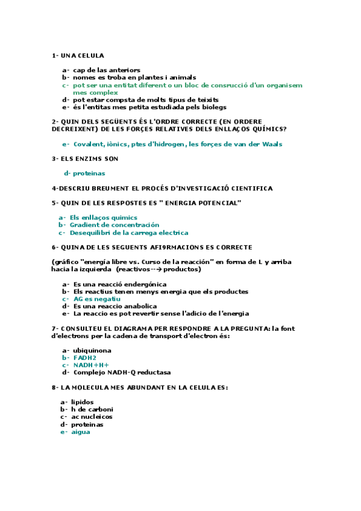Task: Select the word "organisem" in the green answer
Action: tap(284, 86)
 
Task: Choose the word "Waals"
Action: tap(270, 144)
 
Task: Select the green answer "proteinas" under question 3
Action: tap(89, 174)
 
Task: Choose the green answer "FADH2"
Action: tap(84, 358)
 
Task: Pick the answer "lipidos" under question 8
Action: tap(82, 402)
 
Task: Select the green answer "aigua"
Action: tap(80, 431)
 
